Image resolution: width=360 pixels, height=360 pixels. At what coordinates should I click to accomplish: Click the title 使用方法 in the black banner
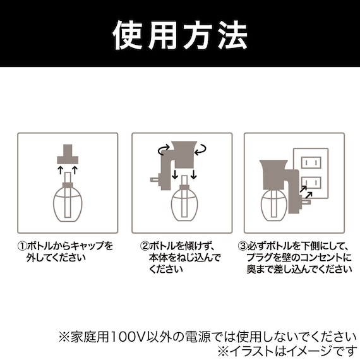click(180, 35)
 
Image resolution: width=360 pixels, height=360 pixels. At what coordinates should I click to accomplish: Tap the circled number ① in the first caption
click(22, 246)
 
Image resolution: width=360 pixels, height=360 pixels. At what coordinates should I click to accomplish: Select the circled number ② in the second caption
click(145, 246)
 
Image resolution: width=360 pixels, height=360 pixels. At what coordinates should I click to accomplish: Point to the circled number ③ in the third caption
click(243, 246)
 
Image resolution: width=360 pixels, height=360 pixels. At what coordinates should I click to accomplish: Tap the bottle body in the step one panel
click(68, 204)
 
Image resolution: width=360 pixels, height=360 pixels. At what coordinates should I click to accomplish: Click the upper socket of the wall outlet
click(311, 162)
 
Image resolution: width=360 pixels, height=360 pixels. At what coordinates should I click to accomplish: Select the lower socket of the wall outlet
click(311, 183)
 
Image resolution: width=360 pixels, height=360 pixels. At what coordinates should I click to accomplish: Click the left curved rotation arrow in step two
click(164, 149)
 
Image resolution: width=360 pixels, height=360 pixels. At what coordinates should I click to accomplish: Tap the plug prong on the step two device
click(155, 179)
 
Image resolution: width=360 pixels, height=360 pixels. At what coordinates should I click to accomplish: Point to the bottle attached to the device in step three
click(274, 205)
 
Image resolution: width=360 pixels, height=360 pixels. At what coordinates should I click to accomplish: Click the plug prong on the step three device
click(306, 202)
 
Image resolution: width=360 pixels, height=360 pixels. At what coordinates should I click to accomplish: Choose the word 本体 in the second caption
click(159, 258)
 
